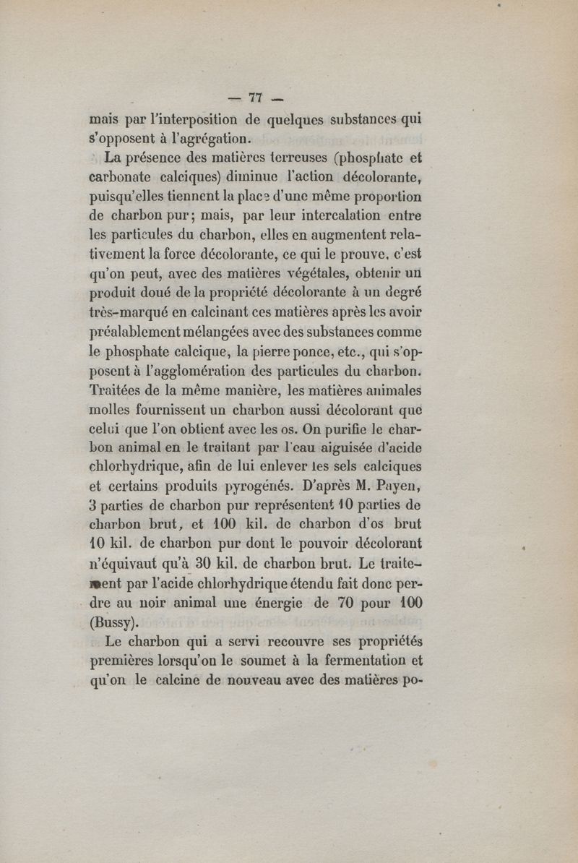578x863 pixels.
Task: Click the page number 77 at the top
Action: (x=254, y=99)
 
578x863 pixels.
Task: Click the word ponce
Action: (x=304, y=354)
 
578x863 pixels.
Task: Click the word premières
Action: (x=123, y=661)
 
